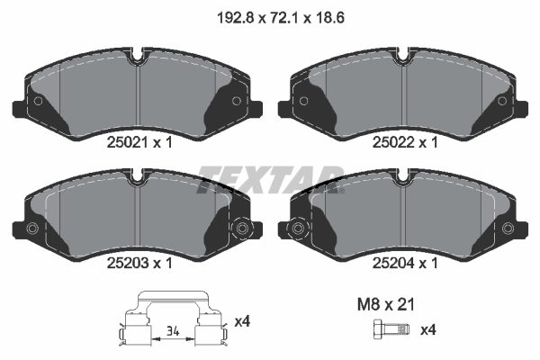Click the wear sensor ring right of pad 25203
[241, 229]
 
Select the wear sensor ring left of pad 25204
[298, 229]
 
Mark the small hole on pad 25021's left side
[37, 100]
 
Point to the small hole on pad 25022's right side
[504, 100]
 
